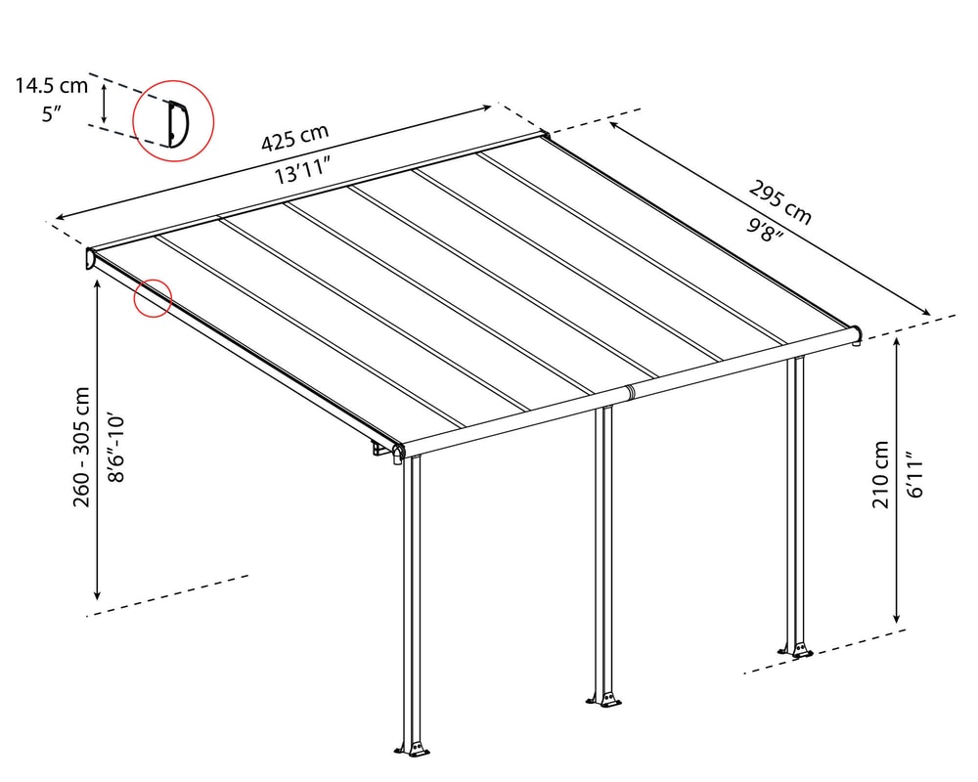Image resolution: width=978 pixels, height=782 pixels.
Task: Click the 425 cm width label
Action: (294, 138)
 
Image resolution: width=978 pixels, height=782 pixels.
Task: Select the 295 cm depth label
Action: (779, 202)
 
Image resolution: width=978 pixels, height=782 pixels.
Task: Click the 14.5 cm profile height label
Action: (52, 85)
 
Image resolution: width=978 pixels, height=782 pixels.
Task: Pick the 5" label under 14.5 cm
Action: (51, 114)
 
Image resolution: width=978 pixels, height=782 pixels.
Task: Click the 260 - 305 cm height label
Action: (82, 447)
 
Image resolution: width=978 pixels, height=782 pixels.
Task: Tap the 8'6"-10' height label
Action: (116, 447)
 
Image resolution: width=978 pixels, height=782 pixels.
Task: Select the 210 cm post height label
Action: (880, 474)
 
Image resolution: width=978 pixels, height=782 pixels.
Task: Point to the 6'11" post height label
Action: (914, 474)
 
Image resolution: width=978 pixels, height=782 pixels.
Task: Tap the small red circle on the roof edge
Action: (153, 298)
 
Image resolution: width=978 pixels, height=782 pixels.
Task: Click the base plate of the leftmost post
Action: (413, 749)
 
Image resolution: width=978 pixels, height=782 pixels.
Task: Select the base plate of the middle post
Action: (603, 699)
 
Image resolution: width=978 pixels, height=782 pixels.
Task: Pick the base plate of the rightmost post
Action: (796, 649)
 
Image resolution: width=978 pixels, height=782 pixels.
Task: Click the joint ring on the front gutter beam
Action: (630, 392)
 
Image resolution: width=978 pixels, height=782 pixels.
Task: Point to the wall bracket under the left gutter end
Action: (379, 449)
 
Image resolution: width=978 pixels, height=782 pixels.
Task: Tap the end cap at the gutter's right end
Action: (857, 334)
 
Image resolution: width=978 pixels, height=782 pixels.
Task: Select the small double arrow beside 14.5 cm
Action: (105, 103)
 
